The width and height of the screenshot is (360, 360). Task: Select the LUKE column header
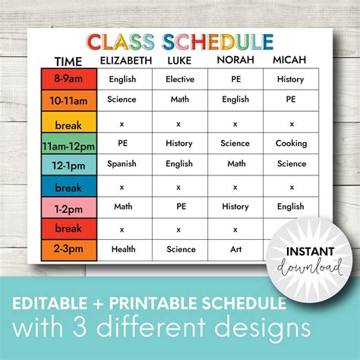tap(178, 61)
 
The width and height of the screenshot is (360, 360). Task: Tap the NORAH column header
tap(236, 61)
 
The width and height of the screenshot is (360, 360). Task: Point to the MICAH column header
tap(291, 61)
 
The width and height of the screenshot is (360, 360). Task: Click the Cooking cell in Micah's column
tap(291, 143)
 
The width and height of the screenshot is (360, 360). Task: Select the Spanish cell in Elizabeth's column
tap(122, 164)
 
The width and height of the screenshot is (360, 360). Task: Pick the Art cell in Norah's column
tap(236, 249)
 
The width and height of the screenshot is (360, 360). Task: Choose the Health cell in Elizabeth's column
tap(122, 249)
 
